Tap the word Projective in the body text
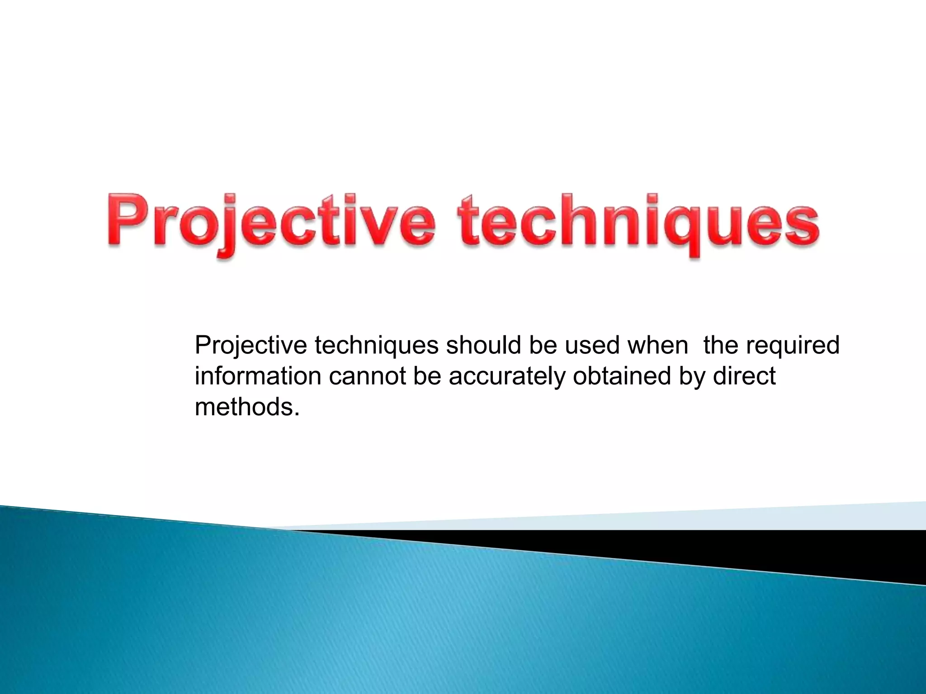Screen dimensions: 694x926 tap(250, 346)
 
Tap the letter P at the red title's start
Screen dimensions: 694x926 tap(124, 219)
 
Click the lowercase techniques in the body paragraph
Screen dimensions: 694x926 tap(376, 346)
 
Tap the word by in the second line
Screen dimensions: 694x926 tap(692, 376)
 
